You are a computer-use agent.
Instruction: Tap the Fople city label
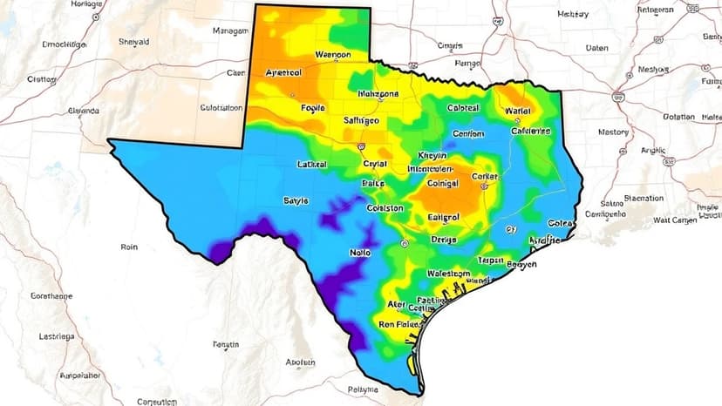(311, 108)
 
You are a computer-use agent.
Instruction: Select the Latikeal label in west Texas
(311, 164)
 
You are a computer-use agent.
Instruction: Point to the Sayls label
(296, 200)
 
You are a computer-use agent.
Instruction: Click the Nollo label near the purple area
(360, 252)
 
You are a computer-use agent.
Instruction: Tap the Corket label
(485, 176)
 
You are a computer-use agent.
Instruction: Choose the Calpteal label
(463, 108)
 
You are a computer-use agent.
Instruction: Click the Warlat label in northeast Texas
(518, 111)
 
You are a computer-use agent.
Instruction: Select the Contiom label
(468, 133)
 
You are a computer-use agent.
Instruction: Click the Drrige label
(444, 239)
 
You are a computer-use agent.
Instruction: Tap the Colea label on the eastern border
(560, 223)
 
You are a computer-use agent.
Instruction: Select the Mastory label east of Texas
(613, 132)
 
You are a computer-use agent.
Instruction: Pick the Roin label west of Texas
(129, 247)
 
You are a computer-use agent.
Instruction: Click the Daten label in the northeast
(597, 48)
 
